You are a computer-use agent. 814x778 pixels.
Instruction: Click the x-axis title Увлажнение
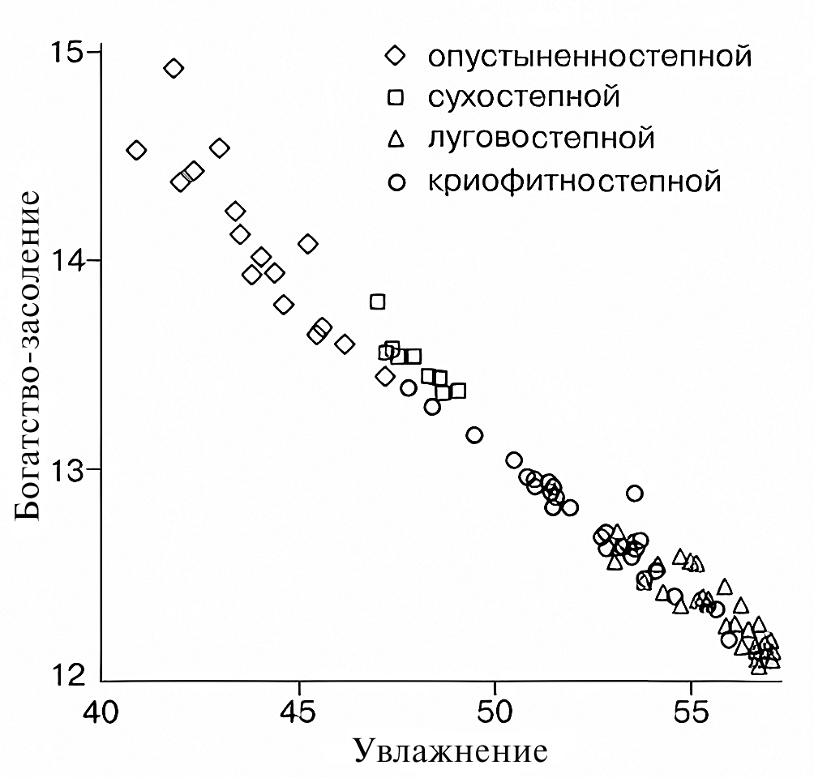(x=451, y=753)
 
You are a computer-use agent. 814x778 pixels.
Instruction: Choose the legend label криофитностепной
(x=574, y=180)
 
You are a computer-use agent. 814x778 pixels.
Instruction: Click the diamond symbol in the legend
(x=396, y=57)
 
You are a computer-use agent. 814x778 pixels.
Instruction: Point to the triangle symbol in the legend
(x=396, y=139)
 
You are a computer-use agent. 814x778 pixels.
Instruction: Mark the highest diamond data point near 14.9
(x=174, y=69)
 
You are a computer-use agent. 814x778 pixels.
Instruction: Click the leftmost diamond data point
(x=137, y=150)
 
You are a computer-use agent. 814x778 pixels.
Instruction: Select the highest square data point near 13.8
(x=377, y=301)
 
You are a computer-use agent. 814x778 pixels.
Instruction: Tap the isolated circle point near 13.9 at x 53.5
(x=635, y=493)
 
